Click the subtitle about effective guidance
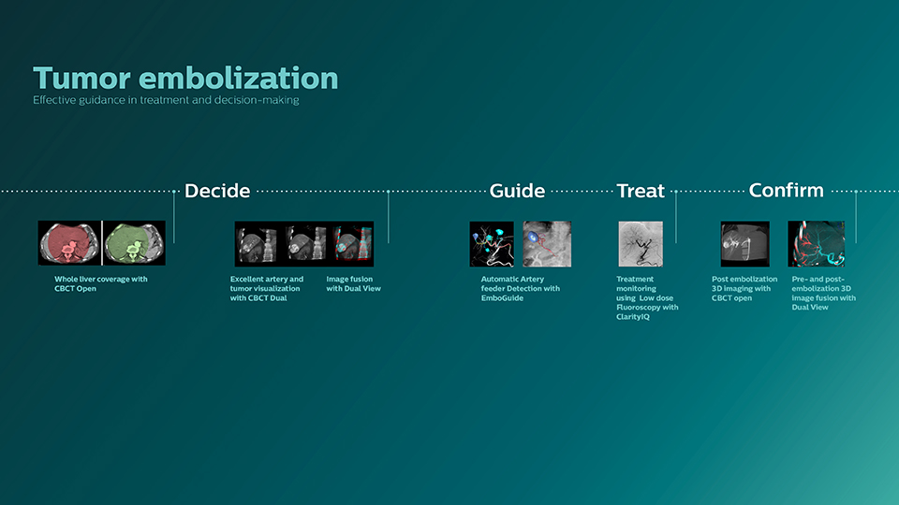tap(166, 100)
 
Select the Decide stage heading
tap(216, 191)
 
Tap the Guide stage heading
tap(517, 191)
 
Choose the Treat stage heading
tap(641, 191)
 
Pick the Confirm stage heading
tap(786, 190)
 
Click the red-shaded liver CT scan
tap(69, 243)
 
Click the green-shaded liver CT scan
tap(133, 243)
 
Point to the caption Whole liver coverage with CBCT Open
tap(100, 283)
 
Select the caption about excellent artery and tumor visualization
tap(267, 288)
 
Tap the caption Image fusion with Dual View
tap(353, 283)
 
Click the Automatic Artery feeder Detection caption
tap(520, 288)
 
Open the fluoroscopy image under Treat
tap(641, 243)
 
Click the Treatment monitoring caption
tap(646, 297)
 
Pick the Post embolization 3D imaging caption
tap(744, 288)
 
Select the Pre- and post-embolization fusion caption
tap(823, 293)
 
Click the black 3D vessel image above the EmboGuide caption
tap(492, 243)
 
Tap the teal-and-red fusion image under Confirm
tap(816, 243)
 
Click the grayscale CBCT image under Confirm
tap(744, 243)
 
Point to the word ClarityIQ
tap(633, 317)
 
